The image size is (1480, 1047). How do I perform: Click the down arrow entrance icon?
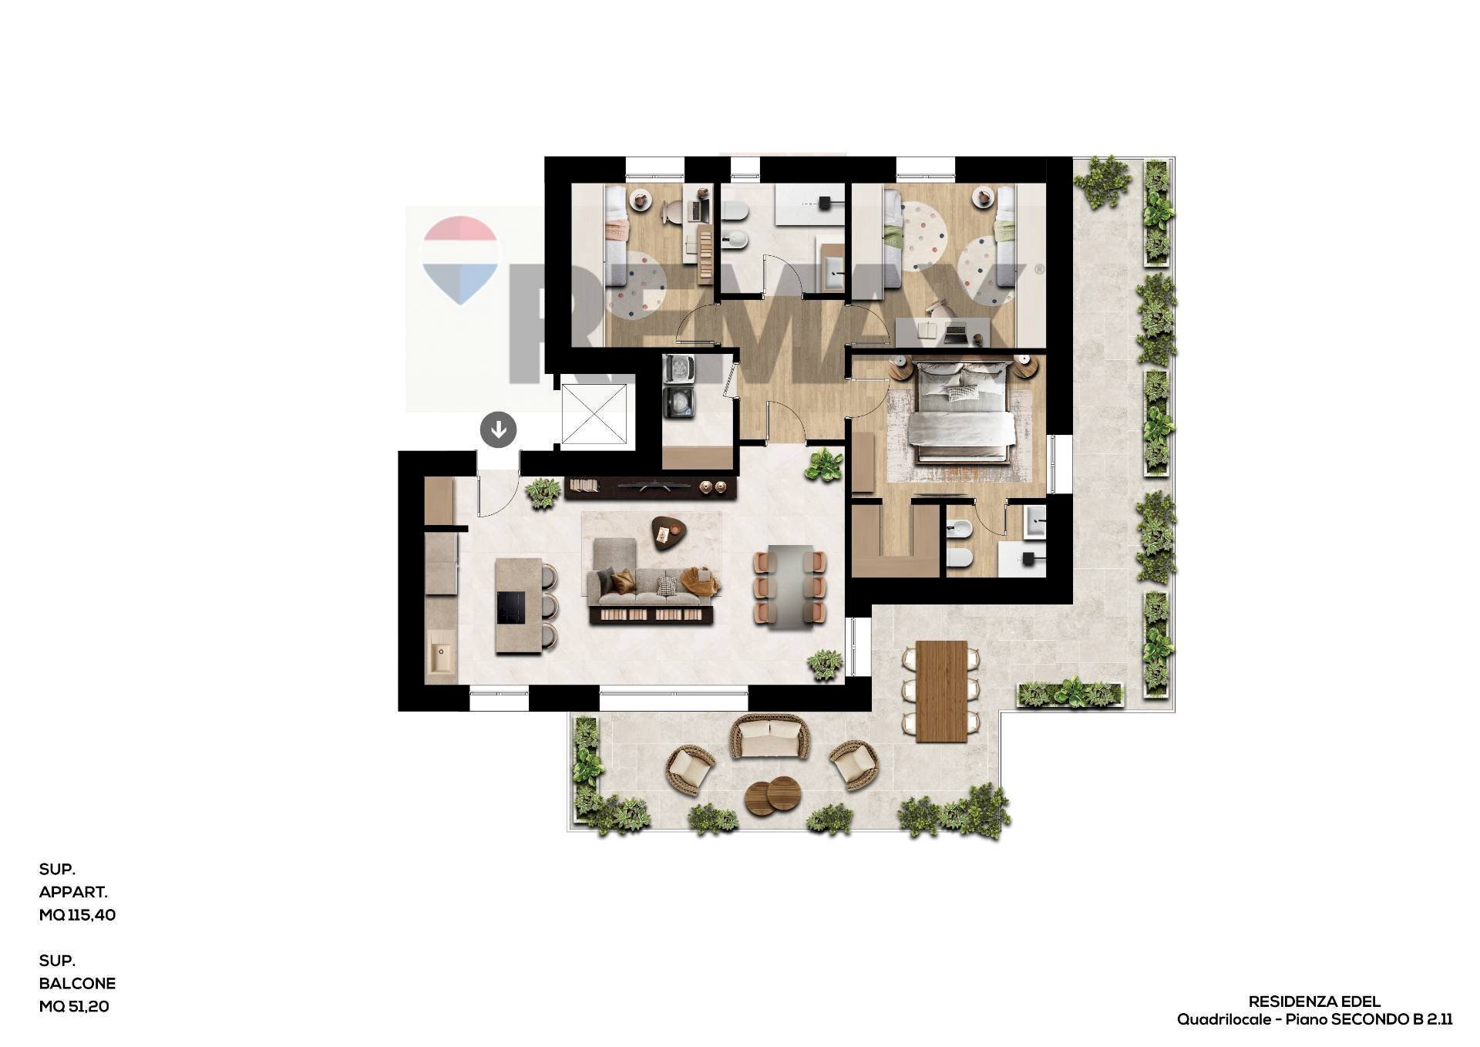click(498, 429)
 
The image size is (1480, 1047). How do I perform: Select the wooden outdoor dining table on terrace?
click(941, 690)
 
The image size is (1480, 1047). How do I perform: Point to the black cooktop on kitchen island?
click(511, 608)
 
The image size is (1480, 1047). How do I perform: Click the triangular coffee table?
click(669, 531)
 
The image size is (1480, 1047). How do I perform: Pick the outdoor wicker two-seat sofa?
click(769, 736)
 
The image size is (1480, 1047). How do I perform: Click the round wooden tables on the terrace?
click(772, 795)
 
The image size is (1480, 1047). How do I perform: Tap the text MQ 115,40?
click(77, 915)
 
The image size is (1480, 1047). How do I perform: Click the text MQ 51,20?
click(74, 1006)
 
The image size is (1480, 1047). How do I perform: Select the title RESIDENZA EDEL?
click(1314, 1002)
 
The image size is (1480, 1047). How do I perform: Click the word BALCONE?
click(77, 984)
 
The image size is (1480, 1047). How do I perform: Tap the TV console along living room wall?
click(649, 488)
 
